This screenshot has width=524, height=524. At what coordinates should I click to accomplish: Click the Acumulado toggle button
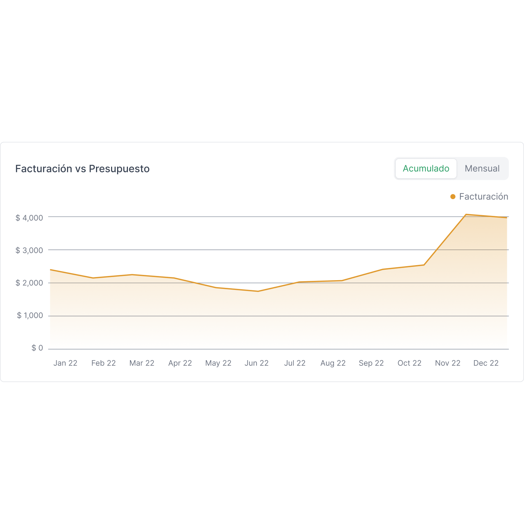(x=426, y=168)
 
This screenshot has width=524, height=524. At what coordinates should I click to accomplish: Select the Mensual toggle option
(x=482, y=168)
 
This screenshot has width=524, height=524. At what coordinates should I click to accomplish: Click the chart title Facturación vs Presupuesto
(x=82, y=169)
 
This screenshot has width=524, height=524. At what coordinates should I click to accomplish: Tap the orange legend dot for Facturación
(x=453, y=197)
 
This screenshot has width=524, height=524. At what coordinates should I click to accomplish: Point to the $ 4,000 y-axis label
(x=29, y=218)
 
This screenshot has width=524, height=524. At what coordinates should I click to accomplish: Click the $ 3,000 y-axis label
(x=29, y=250)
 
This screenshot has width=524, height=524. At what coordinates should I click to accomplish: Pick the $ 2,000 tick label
(x=29, y=283)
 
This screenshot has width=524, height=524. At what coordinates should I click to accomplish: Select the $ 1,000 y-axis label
(x=30, y=315)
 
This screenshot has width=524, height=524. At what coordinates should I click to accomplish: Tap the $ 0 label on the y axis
(x=37, y=348)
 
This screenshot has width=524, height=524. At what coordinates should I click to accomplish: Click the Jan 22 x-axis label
(x=65, y=363)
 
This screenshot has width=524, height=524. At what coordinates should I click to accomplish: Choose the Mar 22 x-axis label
(x=142, y=363)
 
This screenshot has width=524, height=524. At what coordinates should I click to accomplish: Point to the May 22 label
(x=218, y=363)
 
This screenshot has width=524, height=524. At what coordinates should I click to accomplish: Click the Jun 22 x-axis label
(x=256, y=363)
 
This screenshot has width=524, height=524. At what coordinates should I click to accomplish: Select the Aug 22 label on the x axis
(x=333, y=363)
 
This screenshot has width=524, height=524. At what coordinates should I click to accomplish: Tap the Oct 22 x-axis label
(x=409, y=363)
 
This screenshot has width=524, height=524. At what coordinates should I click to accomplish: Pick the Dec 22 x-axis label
(x=486, y=363)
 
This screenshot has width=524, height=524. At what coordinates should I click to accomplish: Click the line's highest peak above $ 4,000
(x=466, y=214)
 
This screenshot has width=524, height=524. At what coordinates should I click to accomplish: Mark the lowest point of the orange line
(x=258, y=291)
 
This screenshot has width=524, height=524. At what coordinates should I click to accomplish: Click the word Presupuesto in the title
(x=119, y=169)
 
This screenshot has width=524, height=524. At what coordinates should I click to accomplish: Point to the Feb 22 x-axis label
(x=103, y=363)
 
